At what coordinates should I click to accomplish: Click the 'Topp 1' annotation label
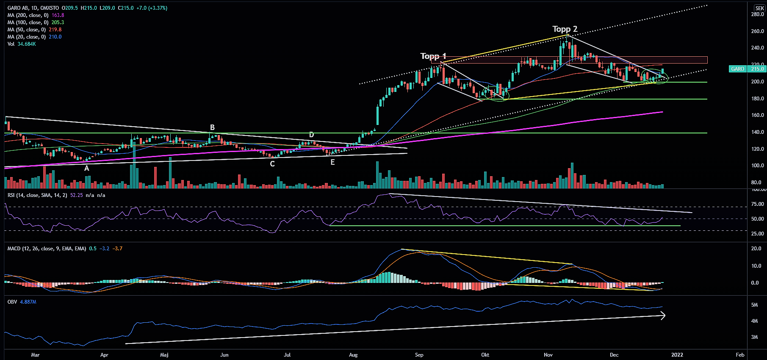click(x=433, y=56)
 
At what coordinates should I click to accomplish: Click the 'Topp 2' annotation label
click(x=565, y=29)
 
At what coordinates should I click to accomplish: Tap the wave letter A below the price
click(x=87, y=168)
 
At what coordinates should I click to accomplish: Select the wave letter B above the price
click(x=212, y=127)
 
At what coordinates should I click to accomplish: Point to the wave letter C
click(x=272, y=164)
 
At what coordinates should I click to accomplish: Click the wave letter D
click(x=311, y=135)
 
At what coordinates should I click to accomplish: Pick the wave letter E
click(x=332, y=162)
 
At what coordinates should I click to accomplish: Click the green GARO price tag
click(x=737, y=69)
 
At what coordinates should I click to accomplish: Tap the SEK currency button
click(x=759, y=8)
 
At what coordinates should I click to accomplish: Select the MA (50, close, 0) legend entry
click(x=34, y=30)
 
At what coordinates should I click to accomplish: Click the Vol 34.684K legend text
click(x=22, y=44)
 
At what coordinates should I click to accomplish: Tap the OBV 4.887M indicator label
click(x=22, y=302)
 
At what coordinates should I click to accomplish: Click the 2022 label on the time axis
click(x=677, y=355)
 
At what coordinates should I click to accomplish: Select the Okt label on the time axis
click(x=485, y=355)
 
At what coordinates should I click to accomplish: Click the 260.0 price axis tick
click(x=757, y=31)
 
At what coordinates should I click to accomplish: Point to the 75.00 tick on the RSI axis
click(x=757, y=204)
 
